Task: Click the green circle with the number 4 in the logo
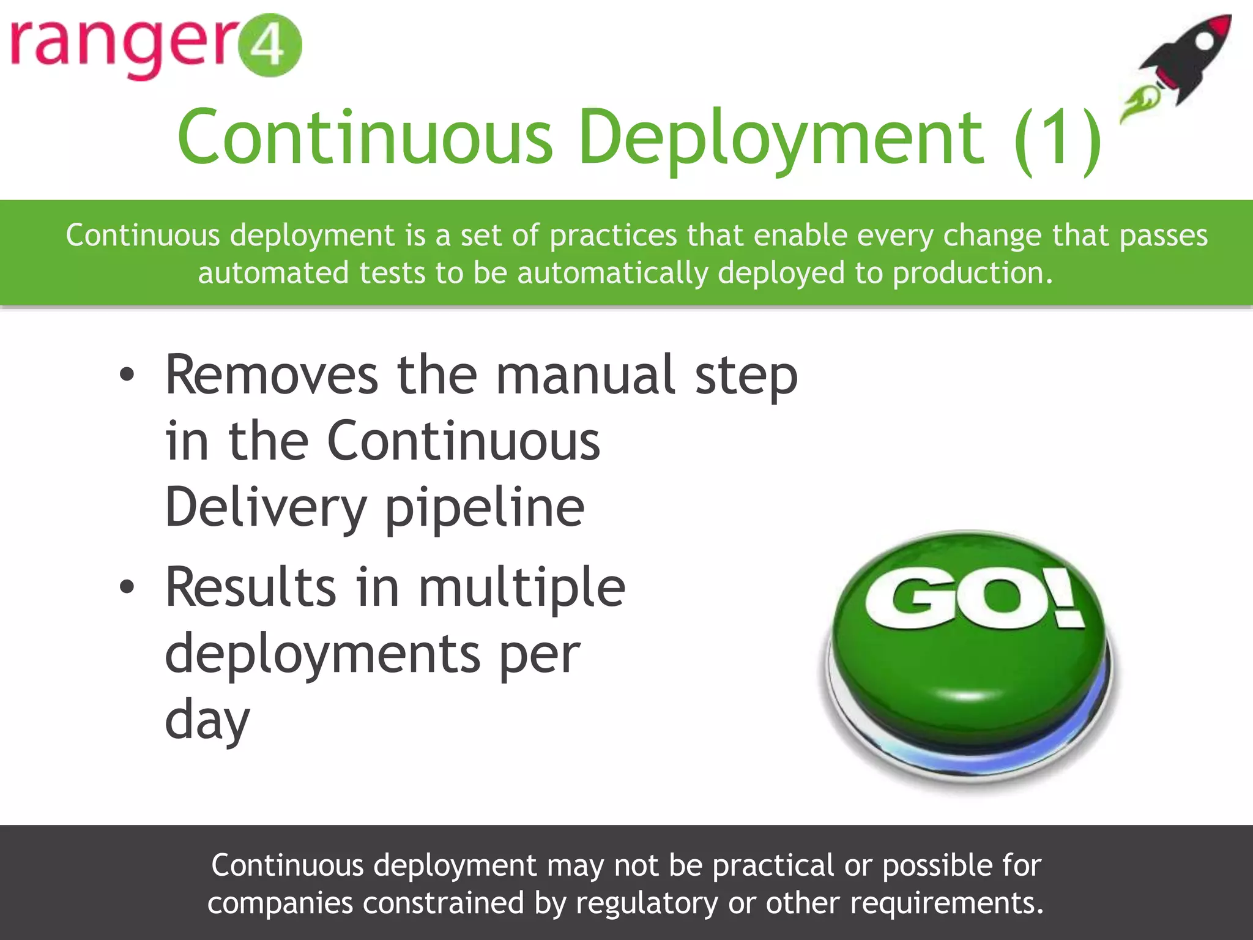click(269, 45)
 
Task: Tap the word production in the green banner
click(972, 273)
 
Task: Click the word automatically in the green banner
click(612, 273)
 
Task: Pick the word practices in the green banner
click(613, 236)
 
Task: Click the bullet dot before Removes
click(127, 375)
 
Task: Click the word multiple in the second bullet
click(521, 587)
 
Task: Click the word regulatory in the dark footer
click(647, 903)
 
